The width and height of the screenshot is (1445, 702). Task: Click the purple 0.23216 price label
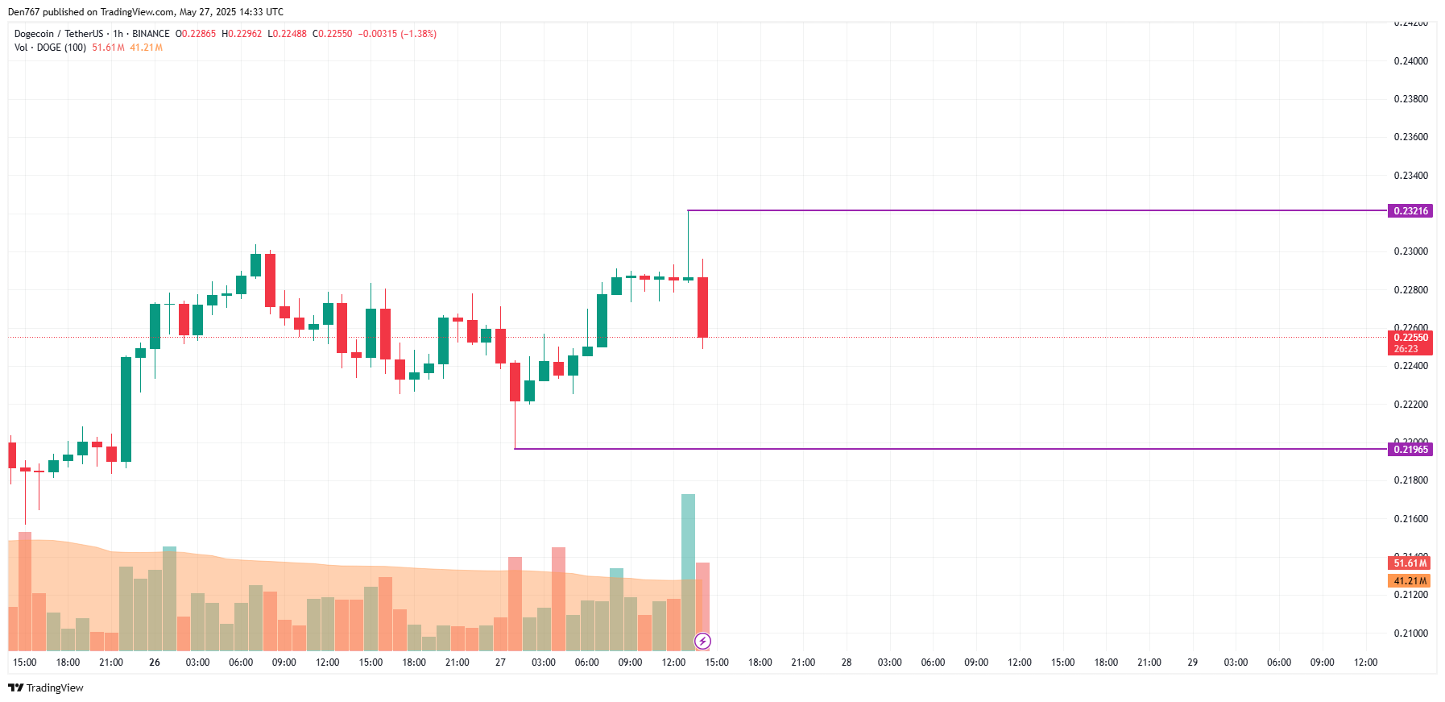click(1410, 211)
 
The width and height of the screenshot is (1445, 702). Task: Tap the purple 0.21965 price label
click(1410, 450)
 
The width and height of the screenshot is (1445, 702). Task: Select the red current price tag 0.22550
click(1410, 339)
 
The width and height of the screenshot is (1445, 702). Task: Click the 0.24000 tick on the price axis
click(1410, 61)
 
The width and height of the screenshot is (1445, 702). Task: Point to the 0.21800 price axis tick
click(1410, 480)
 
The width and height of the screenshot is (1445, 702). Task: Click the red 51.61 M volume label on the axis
click(1410, 563)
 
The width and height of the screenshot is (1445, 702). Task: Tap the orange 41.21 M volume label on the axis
click(1410, 581)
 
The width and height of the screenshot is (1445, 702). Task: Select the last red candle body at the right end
click(702, 307)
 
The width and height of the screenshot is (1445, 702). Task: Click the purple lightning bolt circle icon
click(702, 642)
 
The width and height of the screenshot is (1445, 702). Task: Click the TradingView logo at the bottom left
click(46, 688)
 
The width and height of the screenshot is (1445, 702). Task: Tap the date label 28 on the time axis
click(847, 663)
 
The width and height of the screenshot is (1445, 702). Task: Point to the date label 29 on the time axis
click(1192, 663)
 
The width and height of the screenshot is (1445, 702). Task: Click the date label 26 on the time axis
click(155, 663)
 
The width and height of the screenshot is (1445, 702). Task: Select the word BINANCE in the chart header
click(151, 34)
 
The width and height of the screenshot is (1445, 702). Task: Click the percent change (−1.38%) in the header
click(418, 34)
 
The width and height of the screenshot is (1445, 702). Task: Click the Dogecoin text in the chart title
click(34, 34)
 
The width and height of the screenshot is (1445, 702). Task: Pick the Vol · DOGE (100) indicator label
click(50, 48)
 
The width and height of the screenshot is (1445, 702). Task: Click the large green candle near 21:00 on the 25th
click(126, 409)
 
